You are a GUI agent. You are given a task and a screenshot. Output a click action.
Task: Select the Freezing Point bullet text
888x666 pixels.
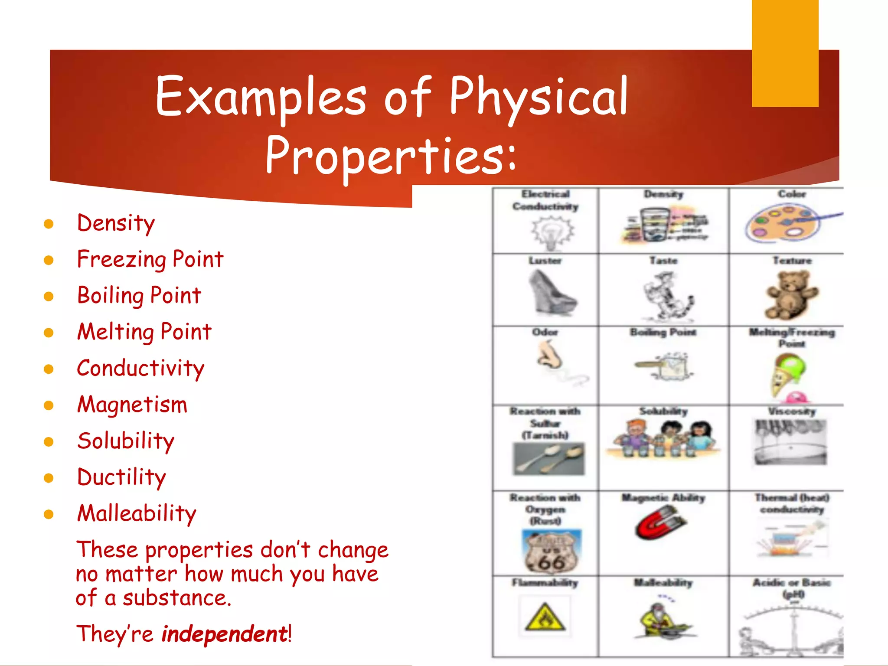point(150,259)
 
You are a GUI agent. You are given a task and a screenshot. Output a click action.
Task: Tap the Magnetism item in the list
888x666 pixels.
point(132,405)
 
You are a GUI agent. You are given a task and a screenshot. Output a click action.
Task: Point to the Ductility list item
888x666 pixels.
point(121,477)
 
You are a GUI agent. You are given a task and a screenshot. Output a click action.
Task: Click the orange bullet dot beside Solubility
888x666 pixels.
point(49,442)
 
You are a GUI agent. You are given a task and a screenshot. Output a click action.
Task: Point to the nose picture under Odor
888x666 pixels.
point(550,356)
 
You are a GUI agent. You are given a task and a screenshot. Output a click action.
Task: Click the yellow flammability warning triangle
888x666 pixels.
point(545,617)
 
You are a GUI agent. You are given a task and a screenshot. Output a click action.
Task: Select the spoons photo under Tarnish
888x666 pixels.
point(548,459)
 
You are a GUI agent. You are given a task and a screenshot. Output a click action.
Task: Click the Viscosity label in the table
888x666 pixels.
point(792,411)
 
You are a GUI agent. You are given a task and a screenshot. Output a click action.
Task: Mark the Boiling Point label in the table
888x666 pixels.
point(663,333)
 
